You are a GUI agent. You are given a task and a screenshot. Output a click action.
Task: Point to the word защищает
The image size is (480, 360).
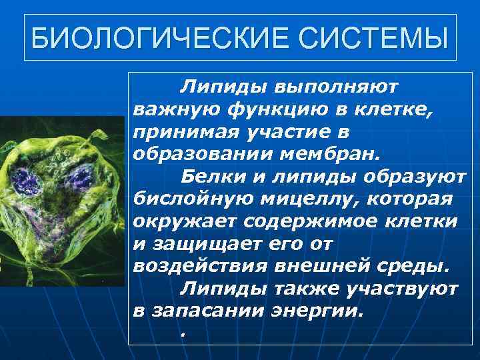click(201, 245)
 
